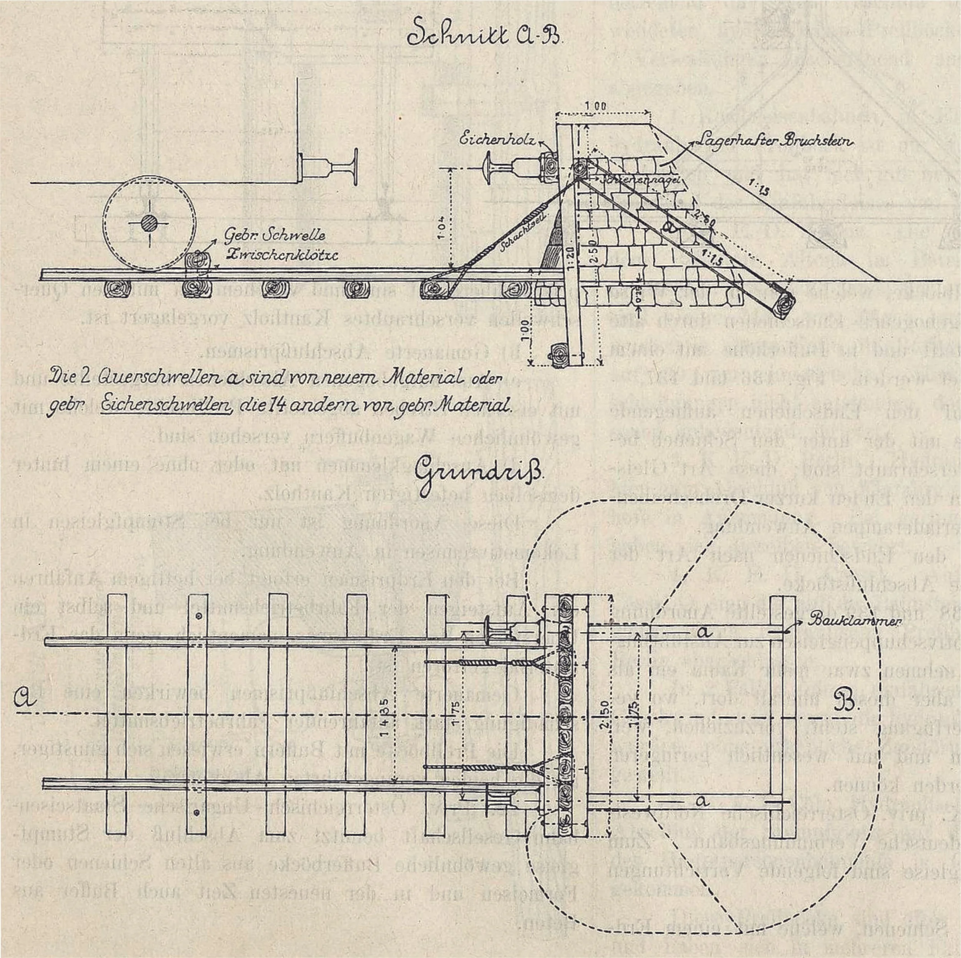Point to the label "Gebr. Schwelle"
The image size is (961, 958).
pyautogui.click(x=274, y=235)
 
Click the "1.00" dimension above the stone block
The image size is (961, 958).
pyautogui.click(x=595, y=106)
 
